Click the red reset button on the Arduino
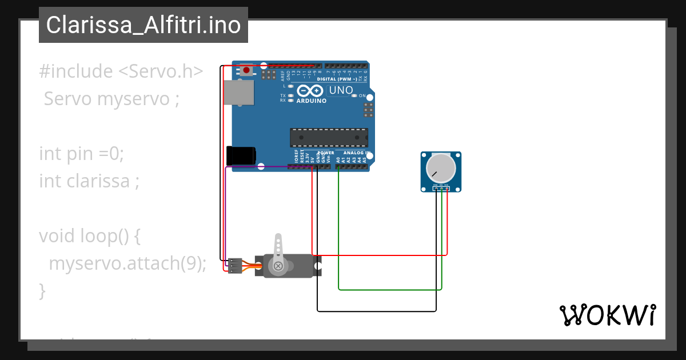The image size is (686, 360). [x=246, y=70]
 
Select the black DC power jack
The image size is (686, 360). [x=241, y=156]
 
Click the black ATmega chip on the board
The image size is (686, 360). [x=329, y=138]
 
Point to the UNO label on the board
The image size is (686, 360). [x=341, y=90]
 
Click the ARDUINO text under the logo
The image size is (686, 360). [x=312, y=101]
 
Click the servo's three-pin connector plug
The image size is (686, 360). [x=234, y=266]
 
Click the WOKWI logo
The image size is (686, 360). [x=607, y=315]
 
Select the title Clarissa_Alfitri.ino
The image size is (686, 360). [x=143, y=25]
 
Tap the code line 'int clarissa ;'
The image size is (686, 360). [x=89, y=181]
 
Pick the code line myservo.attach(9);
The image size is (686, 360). [x=127, y=263]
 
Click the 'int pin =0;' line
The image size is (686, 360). [x=81, y=154]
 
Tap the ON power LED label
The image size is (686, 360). [x=362, y=96]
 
